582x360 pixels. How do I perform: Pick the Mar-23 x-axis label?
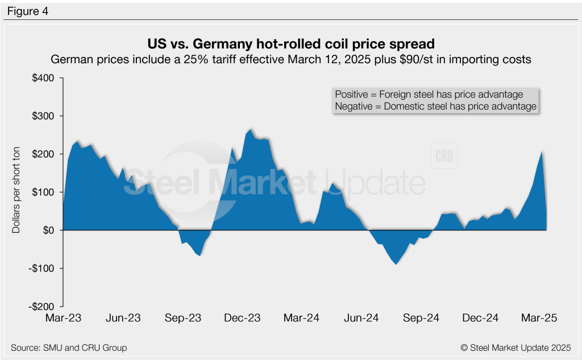tap(63, 318)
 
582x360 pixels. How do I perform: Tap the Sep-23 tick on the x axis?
tap(184, 318)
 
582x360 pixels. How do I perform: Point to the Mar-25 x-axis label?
tap(539, 318)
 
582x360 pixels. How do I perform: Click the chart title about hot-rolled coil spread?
tap(290, 44)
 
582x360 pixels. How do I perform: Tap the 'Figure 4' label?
tap(27, 11)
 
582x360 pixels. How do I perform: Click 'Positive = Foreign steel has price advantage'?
tap(429, 94)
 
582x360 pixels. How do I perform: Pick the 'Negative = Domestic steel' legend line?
tap(435, 106)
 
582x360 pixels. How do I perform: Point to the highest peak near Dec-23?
tap(251, 129)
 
